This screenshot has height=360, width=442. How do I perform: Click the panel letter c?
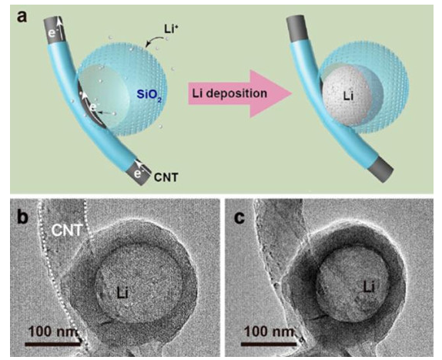(239, 218)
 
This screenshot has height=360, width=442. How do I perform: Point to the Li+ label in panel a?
(172, 29)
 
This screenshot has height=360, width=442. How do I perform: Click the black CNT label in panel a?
(166, 177)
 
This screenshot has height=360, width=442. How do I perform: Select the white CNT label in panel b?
(66, 230)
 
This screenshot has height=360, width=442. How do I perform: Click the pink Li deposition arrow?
(239, 94)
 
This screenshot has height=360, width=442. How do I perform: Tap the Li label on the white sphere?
(348, 96)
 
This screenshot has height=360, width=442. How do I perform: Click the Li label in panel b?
(123, 293)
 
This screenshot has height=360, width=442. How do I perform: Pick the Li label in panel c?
(369, 288)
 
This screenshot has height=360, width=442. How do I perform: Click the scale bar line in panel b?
(52, 345)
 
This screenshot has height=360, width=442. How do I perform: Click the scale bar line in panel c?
(269, 345)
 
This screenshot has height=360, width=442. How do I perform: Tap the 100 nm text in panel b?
(53, 331)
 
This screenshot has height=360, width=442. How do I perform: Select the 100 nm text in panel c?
(270, 331)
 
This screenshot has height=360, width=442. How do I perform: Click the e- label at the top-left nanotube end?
(53, 33)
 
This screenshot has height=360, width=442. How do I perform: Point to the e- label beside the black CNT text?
(138, 173)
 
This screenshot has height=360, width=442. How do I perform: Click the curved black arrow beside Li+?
(154, 42)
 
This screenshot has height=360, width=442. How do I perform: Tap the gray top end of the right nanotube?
(296, 26)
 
